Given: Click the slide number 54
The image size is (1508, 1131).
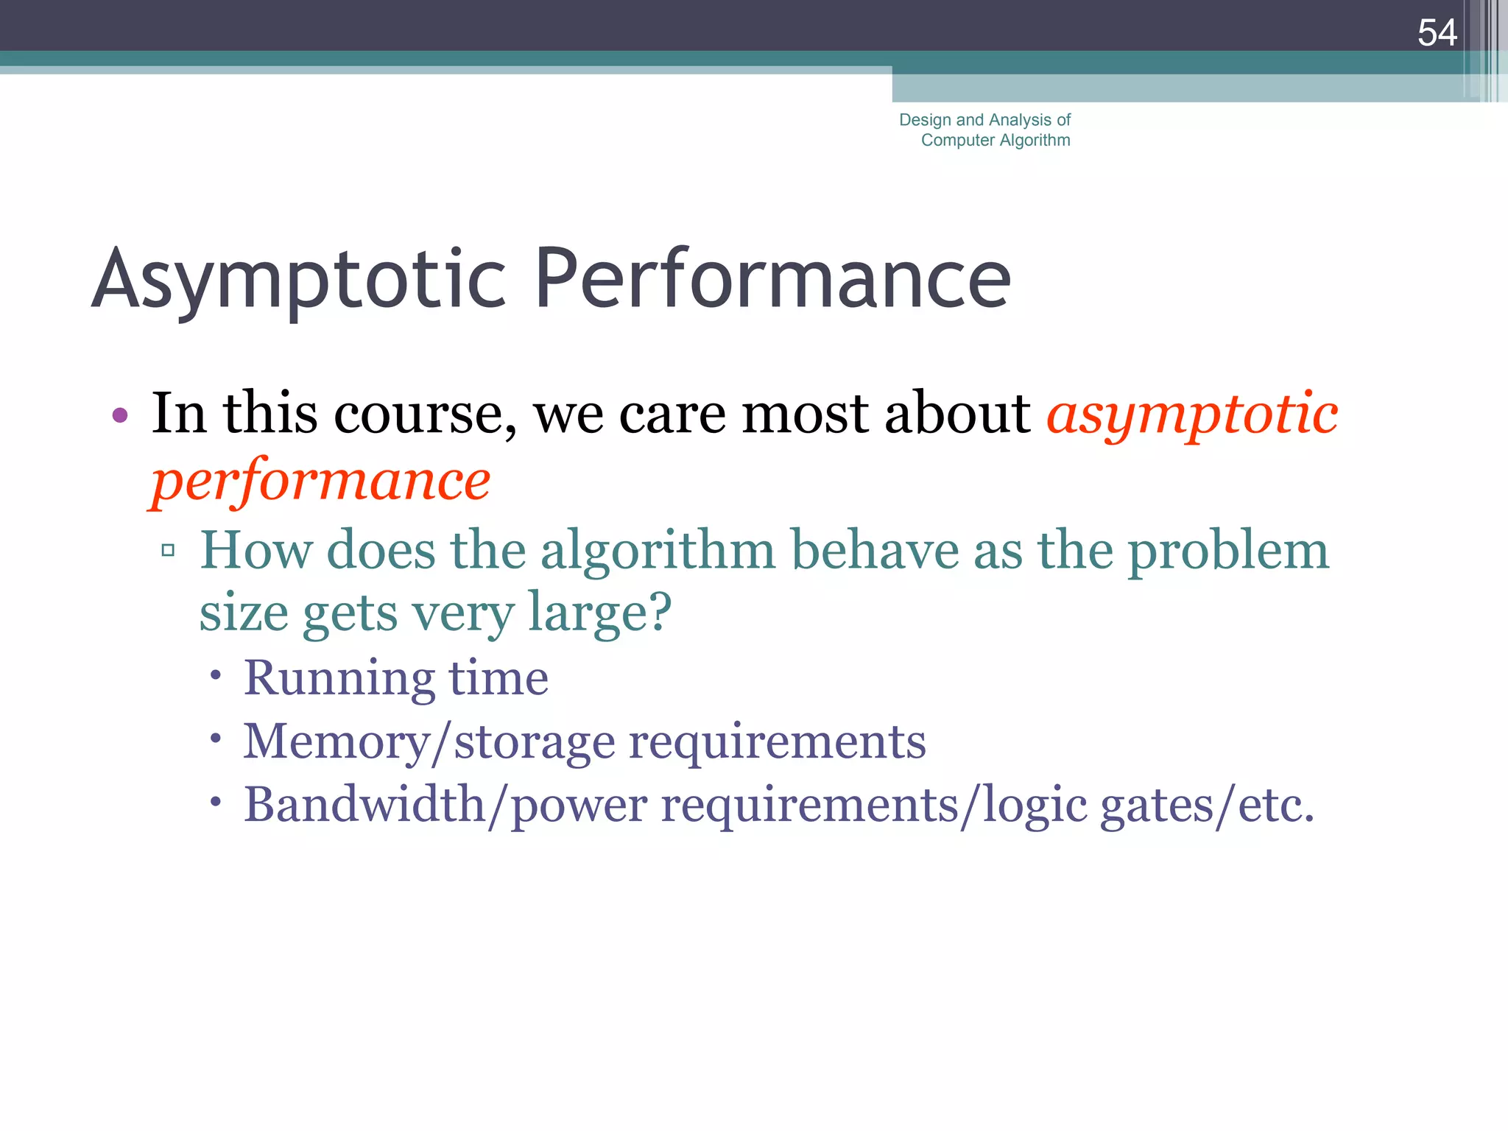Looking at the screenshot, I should click(1437, 33).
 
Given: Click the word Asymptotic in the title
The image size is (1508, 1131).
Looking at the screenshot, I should click(298, 280).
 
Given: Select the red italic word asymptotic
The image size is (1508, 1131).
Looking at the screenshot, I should click(1192, 415).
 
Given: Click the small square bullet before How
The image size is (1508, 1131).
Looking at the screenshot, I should click(168, 550).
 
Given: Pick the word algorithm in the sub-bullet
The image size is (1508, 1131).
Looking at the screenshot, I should click(658, 552).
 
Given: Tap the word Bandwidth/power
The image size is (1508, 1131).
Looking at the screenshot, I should click(445, 805).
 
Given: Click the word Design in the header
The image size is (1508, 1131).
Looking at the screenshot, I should click(925, 120).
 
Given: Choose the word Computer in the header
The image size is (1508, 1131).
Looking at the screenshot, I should click(957, 140).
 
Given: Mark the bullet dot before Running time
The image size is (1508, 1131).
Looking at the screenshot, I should click(215, 674).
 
